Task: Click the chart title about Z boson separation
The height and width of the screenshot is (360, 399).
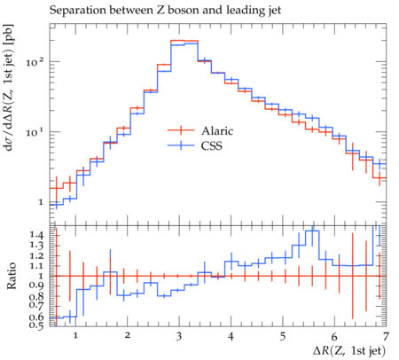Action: (x=165, y=11)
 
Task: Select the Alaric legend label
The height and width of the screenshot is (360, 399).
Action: (x=217, y=130)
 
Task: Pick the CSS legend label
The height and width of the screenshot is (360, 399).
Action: (x=212, y=145)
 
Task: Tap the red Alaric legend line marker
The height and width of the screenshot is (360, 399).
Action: (x=181, y=130)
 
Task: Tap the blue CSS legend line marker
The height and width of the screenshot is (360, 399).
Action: (x=181, y=145)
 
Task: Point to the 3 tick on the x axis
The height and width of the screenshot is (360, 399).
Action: (x=179, y=336)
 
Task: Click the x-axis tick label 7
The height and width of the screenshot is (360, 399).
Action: (x=386, y=336)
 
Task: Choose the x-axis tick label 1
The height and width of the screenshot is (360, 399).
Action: (x=75, y=336)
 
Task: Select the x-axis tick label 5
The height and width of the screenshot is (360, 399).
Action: (x=283, y=336)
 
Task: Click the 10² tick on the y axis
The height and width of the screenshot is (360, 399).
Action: (x=35, y=62)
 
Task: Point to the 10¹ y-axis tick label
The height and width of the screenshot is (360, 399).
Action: (x=35, y=131)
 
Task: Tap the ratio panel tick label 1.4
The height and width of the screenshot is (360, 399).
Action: (x=36, y=235)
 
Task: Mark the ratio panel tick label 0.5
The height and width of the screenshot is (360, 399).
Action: (x=36, y=325)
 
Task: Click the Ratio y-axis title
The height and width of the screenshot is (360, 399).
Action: (x=12, y=276)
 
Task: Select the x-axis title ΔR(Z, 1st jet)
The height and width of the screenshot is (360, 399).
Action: (x=349, y=351)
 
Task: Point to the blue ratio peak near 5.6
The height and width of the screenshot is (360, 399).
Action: (x=312, y=231)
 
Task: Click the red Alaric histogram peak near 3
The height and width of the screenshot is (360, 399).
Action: (x=184, y=41)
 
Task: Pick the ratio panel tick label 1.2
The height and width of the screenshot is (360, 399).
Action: (x=36, y=255)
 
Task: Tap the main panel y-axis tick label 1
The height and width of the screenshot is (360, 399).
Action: (x=41, y=202)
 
